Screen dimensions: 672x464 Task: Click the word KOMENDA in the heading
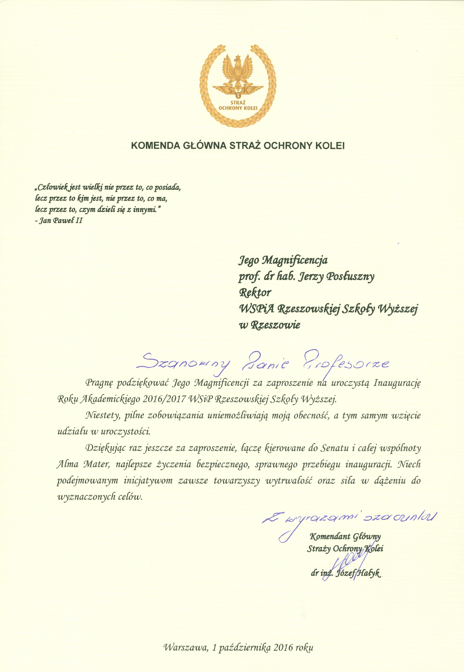[155, 145]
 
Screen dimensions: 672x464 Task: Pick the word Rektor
[255, 293]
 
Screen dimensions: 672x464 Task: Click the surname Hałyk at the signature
[369, 573]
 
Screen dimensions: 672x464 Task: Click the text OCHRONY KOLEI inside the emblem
[238, 108]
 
